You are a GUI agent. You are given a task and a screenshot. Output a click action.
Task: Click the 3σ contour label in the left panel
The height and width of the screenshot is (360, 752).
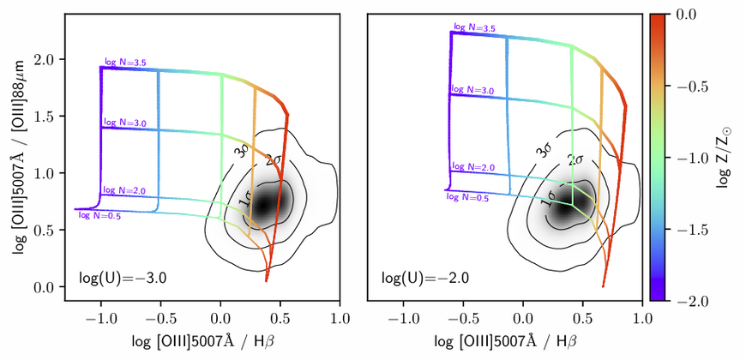[x=244, y=151]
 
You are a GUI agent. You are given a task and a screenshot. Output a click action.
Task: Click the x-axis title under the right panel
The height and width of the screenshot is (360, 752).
[x=506, y=342]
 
